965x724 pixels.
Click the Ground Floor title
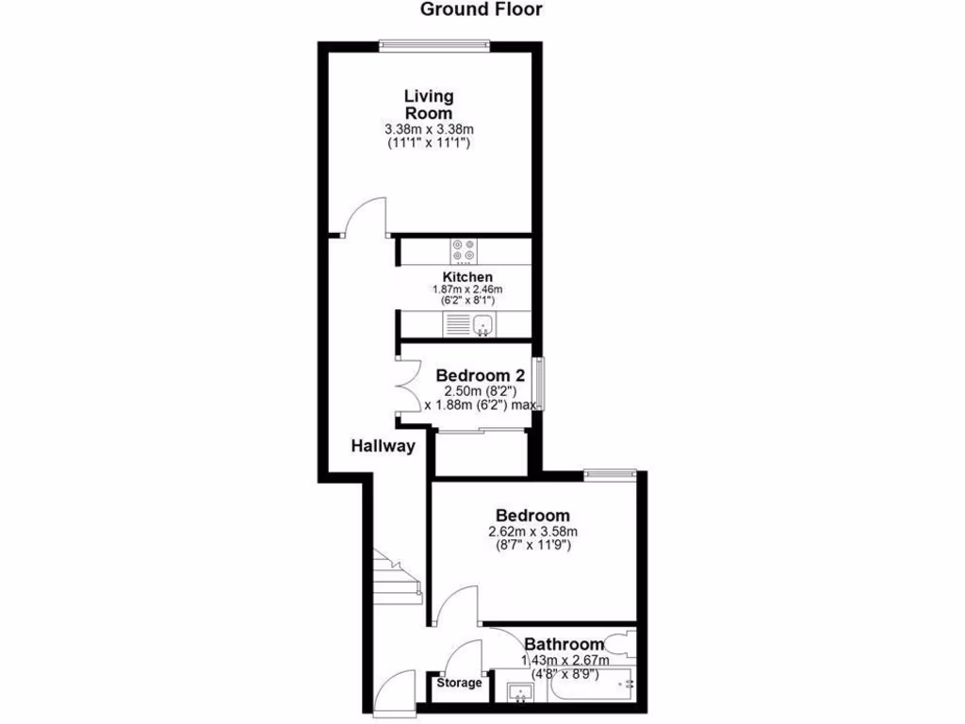pyautogui.click(x=482, y=10)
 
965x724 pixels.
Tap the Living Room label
pyautogui.click(x=429, y=104)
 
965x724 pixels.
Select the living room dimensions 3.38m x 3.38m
pyautogui.click(x=429, y=129)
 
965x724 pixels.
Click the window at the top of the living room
pyautogui.click(x=434, y=42)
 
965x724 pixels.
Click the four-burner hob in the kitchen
pyautogui.click(x=464, y=251)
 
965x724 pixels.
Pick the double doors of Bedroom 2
pyautogui.click(x=407, y=386)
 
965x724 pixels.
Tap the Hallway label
pyautogui.click(x=384, y=446)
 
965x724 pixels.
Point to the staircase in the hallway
pyautogui.click(x=396, y=575)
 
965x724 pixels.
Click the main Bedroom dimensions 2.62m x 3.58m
pyautogui.click(x=532, y=538)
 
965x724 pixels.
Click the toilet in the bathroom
pyautogui.click(x=621, y=645)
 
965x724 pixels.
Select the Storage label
pyautogui.click(x=459, y=683)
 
